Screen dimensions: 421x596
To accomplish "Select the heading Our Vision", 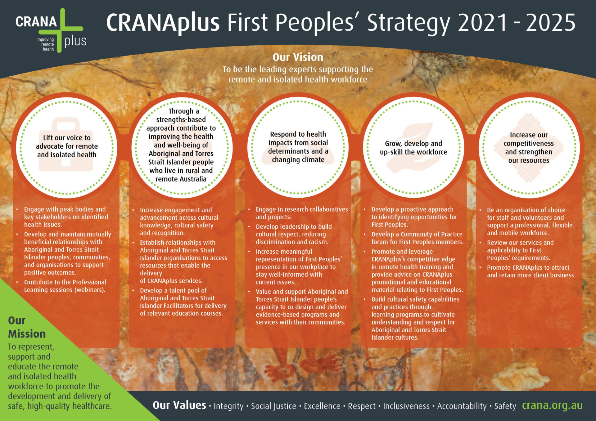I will click(298, 57).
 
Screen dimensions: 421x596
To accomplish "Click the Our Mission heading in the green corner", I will click(27, 327).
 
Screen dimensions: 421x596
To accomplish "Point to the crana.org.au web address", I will click(552, 405).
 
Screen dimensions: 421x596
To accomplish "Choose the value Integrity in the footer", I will click(228, 406).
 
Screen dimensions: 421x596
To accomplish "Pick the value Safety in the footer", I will click(505, 406).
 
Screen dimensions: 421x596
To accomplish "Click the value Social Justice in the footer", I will click(273, 406).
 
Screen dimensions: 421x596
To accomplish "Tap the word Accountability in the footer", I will click(462, 406).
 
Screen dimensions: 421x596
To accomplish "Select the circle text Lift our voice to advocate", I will click(67, 146).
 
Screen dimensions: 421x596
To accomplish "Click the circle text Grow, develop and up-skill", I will click(413, 148).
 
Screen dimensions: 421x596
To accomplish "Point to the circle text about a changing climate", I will click(298, 147).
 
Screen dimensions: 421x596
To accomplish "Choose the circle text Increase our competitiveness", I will click(529, 148).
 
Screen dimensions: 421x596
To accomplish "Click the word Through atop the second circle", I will click(180, 111).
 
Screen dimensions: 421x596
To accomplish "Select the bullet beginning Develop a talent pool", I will click(183, 302).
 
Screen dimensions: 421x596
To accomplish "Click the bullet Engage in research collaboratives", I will click(301, 213).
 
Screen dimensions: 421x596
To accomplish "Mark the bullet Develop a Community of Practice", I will click(417, 238).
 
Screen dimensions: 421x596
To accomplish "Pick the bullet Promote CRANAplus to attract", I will click(531, 271).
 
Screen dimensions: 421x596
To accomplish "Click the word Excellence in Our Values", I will click(322, 406).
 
